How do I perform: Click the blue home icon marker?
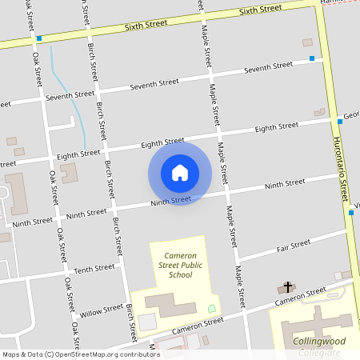click(x=180, y=172)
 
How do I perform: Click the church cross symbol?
click(x=290, y=286)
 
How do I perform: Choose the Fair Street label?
click(x=293, y=245)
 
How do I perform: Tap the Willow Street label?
click(x=102, y=310)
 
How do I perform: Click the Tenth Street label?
click(x=94, y=269)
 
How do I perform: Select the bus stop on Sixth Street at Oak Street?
click(x=38, y=38)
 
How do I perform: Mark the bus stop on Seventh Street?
click(x=312, y=58)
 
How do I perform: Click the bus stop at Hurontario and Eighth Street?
click(x=339, y=122)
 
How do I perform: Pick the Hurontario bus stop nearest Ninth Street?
click(x=350, y=213)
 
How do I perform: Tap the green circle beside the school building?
click(x=212, y=308)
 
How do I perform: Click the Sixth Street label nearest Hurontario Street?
click(x=260, y=10)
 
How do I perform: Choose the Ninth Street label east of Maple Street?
click(x=285, y=184)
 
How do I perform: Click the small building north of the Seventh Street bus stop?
click(x=307, y=42)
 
